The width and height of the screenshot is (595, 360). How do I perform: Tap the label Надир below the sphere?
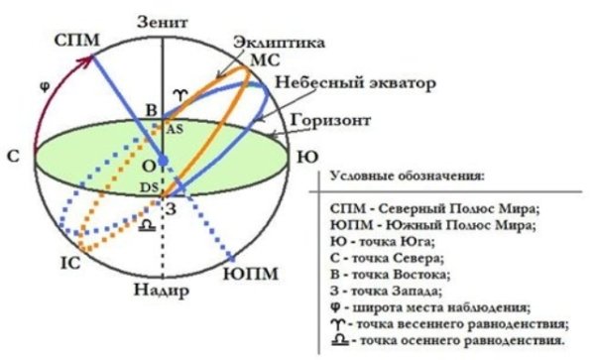160,295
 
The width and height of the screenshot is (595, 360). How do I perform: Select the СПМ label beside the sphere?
75,40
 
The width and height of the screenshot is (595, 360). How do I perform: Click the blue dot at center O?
163,159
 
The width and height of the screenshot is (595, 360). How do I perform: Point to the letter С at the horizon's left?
13,158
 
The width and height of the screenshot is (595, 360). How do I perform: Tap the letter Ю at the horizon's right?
308,157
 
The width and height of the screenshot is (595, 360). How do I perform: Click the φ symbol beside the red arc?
43,85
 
